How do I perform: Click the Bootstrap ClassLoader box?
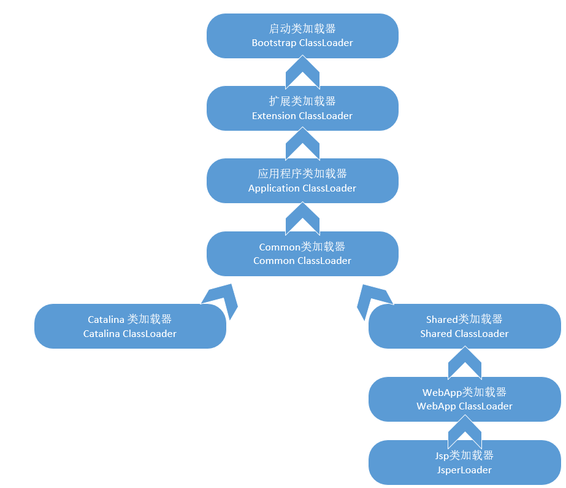[302, 36]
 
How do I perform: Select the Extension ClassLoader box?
[302, 108]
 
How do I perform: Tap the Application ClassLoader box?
[302, 180]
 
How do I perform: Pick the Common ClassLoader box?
[302, 254]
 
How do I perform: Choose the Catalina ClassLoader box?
[130, 326]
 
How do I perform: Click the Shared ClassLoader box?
[464, 326]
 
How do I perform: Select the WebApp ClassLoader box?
[464, 399]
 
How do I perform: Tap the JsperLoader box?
[464, 462]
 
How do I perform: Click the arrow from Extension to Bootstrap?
[302, 72]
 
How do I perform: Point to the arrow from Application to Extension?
[302, 144]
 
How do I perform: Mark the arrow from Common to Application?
[302, 217]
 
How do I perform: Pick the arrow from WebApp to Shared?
[465, 363]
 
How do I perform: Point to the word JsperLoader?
[464, 470]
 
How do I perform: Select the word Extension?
[273, 115]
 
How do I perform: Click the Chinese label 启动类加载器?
[302, 28]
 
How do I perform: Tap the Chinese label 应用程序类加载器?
[302, 174]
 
